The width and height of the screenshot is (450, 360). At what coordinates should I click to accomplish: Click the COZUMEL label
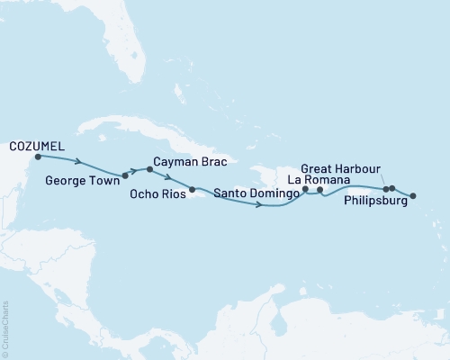click(36, 144)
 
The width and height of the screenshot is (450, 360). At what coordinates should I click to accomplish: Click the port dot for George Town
click(125, 175)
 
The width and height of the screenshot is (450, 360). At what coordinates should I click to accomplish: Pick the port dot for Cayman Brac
click(148, 168)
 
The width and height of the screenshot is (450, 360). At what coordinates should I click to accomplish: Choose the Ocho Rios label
click(159, 192)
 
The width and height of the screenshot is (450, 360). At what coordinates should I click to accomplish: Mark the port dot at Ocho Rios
click(192, 190)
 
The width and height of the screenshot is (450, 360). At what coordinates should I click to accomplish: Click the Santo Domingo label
click(251, 191)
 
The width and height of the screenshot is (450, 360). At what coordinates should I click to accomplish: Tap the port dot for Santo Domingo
click(306, 189)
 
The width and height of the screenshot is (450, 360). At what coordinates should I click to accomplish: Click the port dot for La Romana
click(321, 190)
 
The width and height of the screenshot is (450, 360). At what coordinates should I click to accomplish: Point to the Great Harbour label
click(341, 168)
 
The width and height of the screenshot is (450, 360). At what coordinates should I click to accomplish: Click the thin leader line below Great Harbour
click(383, 180)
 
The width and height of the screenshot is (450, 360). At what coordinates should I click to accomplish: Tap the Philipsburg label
click(375, 202)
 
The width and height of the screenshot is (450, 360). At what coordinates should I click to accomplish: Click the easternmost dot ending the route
click(414, 195)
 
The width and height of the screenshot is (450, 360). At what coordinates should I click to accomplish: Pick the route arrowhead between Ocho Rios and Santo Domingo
click(259, 206)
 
